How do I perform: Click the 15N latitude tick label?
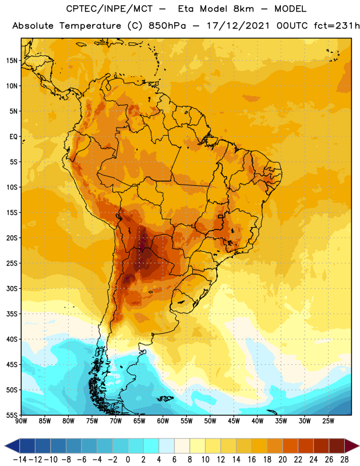[12, 61]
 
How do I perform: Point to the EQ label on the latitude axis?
[13, 137]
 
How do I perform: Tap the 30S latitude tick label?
[12, 288]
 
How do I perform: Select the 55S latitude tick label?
[12, 415]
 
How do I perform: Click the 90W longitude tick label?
[21, 421]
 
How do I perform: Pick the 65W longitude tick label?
[139, 421]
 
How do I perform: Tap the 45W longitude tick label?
[234, 421]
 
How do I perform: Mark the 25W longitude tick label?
[328, 421]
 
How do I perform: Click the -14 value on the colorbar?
[20, 460]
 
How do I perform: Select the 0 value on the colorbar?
[128, 460]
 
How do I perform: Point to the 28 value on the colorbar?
[344, 460]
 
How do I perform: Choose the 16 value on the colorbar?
[252, 460]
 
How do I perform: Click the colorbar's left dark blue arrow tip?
[5, 446]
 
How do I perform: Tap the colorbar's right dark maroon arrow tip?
[359, 446]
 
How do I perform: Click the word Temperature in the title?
[90, 26]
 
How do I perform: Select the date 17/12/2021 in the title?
[238, 26]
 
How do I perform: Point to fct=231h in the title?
[337, 26]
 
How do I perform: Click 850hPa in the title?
[167, 26]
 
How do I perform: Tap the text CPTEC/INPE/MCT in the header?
[109, 9]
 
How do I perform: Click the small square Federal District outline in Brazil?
[220, 216]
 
